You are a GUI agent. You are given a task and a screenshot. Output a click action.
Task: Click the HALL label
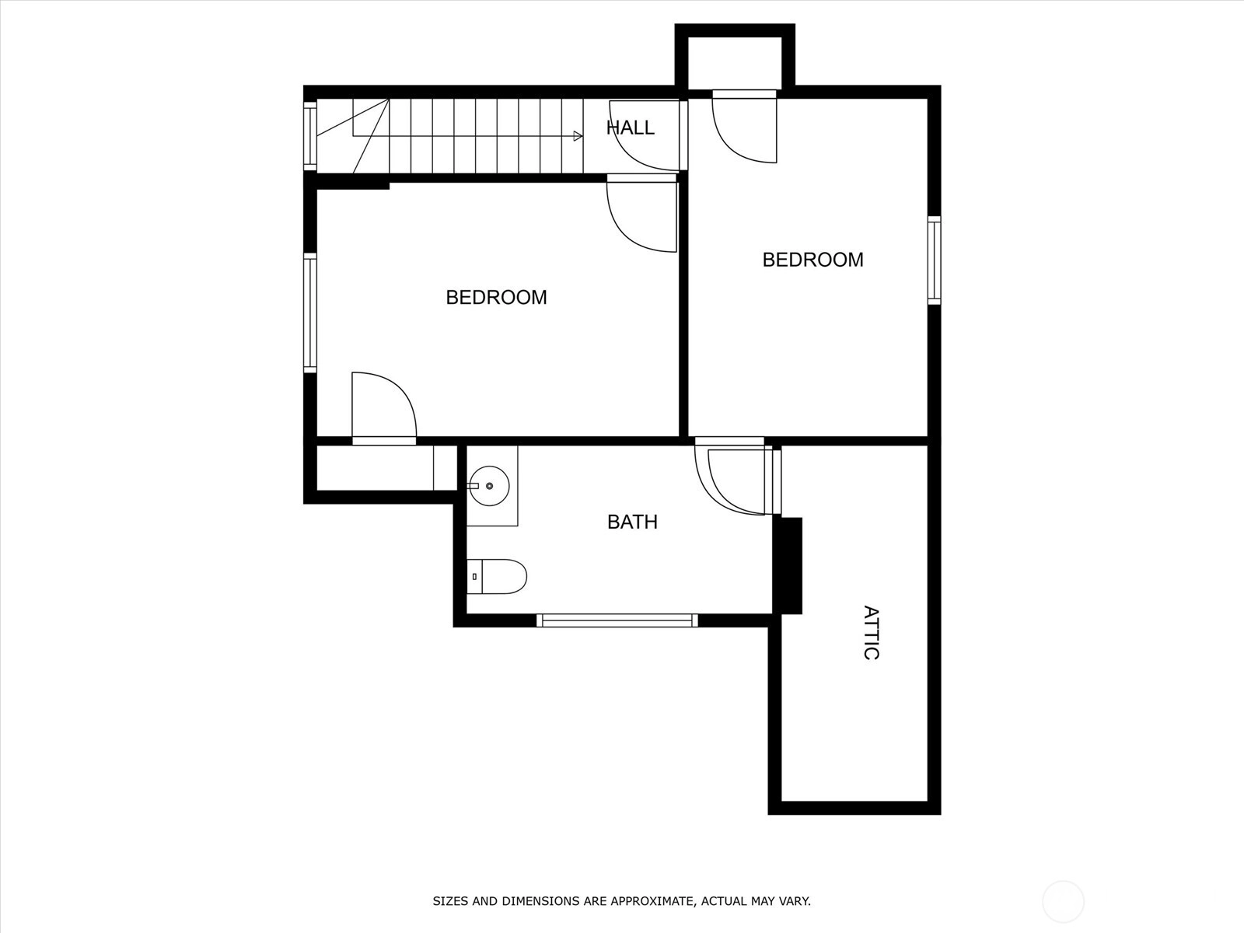coord(631,128)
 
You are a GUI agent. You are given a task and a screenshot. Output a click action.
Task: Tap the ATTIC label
coord(871,633)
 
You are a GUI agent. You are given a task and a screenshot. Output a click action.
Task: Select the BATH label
coord(632,522)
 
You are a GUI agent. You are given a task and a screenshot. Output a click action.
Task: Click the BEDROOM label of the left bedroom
coord(497,298)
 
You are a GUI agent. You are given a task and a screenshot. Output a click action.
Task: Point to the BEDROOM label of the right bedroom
coord(812,260)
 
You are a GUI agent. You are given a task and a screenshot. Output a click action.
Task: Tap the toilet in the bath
coord(497,577)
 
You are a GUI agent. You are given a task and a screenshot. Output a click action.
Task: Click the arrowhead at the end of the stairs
coord(578,136)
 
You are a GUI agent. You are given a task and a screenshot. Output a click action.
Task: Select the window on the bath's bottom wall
coord(617,620)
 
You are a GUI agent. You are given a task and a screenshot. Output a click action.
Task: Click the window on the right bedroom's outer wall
coord(935,260)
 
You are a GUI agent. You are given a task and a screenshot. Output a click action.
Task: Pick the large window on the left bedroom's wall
coord(310,313)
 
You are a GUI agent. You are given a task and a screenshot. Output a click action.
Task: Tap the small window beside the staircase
coord(310,136)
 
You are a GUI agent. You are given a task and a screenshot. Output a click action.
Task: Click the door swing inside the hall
coord(645,135)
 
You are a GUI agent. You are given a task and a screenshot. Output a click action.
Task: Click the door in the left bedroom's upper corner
coord(642,213)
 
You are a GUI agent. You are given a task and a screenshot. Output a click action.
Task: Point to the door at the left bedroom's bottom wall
coord(384,408)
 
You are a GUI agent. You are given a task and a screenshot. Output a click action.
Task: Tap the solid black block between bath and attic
coord(788,565)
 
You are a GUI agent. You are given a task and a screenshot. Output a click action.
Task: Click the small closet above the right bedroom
coord(735,62)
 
